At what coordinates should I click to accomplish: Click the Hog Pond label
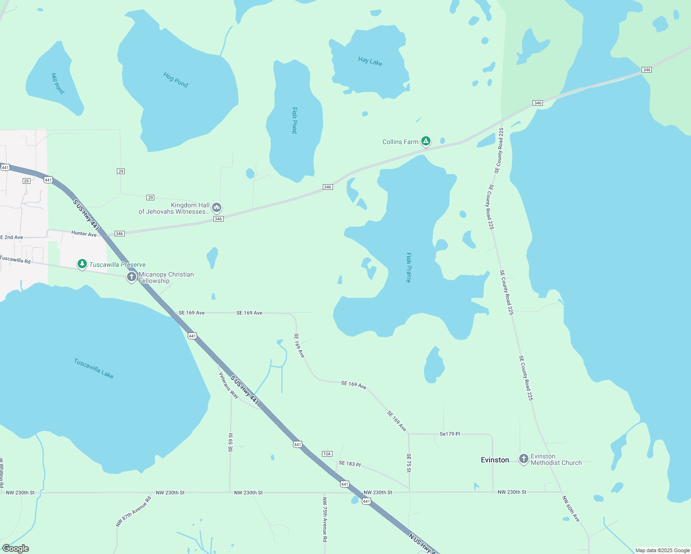pos(176,80)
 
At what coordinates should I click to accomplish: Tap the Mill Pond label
pos(58,84)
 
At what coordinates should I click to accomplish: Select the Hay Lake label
pos(370,61)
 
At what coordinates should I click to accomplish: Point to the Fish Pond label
pos(294,120)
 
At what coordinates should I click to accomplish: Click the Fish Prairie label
pos(409,267)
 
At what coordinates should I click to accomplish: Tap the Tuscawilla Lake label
pos(94,368)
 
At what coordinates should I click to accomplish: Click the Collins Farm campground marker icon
pos(426,141)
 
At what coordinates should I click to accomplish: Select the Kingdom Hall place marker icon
pos(217,208)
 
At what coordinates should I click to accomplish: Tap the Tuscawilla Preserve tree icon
pos(82,264)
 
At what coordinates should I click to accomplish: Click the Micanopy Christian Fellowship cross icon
pos(132,277)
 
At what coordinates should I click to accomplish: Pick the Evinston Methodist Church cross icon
pos(523,459)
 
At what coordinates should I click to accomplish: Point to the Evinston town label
pos(495,460)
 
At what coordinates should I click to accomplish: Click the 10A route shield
pos(327,454)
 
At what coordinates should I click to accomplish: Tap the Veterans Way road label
pos(229,385)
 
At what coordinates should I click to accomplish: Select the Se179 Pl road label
pos(449,434)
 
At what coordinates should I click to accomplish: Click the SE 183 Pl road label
pos(350,464)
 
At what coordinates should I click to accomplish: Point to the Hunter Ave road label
pos(84,234)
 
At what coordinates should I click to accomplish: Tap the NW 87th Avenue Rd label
pos(133,512)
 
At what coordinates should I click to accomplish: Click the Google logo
pos(16,548)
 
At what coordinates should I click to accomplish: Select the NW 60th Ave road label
pos(571,509)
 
